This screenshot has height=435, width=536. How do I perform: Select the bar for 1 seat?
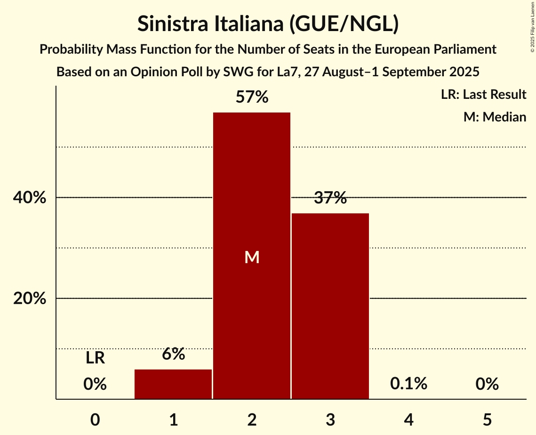click(x=173, y=384)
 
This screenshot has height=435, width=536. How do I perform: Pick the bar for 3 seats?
click(x=330, y=306)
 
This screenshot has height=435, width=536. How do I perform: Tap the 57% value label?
click(x=252, y=97)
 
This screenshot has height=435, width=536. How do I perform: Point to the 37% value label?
click(x=330, y=198)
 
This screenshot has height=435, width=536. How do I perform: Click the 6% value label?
click(x=173, y=354)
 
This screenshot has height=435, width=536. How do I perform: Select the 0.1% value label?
click(x=408, y=384)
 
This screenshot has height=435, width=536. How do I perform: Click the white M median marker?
click(x=252, y=257)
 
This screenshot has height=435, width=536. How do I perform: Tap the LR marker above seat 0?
click(x=95, y=359)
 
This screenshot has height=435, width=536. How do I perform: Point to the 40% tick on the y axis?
click(x=30, y=198)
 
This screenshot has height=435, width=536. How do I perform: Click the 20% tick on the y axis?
click(x=30, y=298)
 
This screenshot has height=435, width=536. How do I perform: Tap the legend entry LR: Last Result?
click(x=483, y=95)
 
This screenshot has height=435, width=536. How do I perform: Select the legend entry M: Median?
click(x=494, y=117)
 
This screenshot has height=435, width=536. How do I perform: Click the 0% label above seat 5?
click(x=487, y=384)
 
